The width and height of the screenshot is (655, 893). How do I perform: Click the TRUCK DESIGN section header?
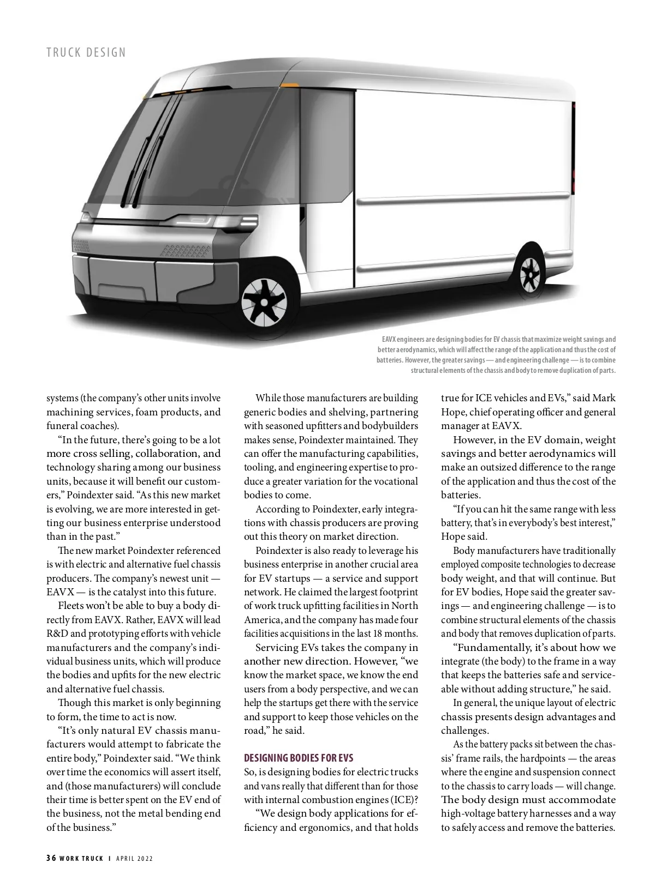click(86, 52)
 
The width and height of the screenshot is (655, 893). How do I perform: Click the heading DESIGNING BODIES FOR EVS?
click(299, 758)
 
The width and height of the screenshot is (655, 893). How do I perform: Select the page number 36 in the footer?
click(51, 858)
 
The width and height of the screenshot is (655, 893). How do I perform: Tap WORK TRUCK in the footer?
click(82, 858)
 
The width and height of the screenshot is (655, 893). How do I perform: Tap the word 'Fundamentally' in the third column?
click(493, 648)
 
